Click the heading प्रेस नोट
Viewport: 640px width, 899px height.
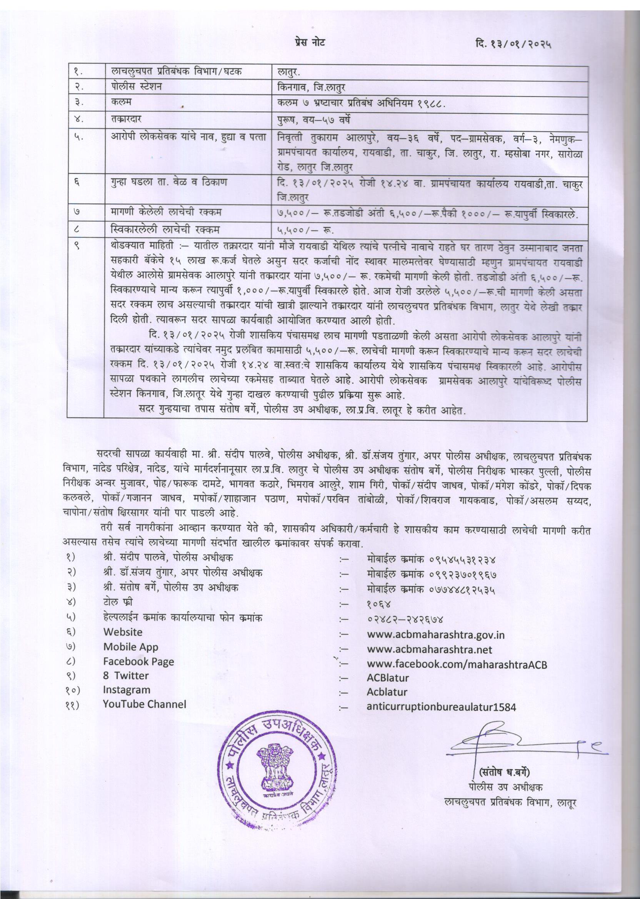310,42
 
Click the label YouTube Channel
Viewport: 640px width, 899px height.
145,704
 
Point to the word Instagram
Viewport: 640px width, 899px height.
127,690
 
